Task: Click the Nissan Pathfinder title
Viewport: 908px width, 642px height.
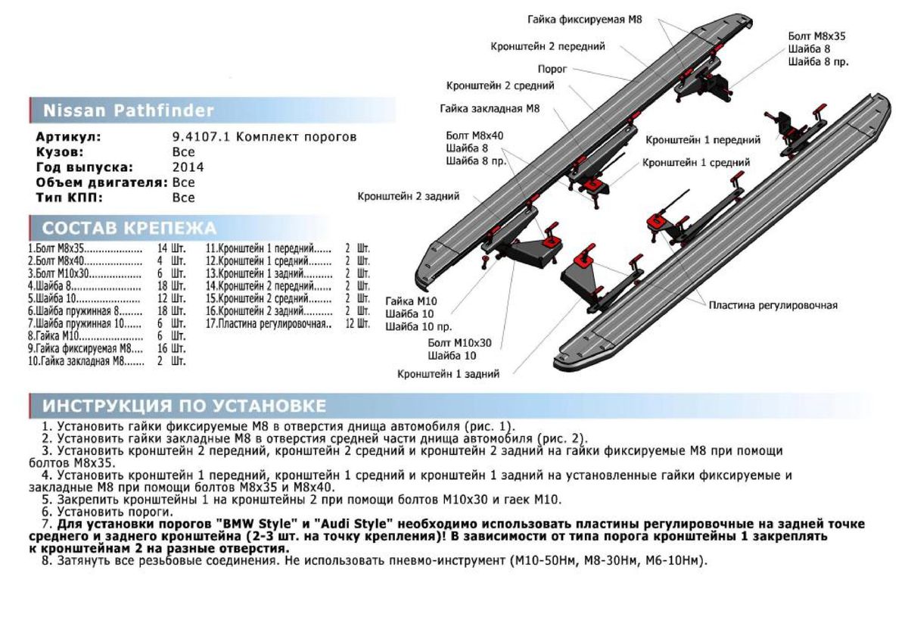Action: click(x=128, y=111)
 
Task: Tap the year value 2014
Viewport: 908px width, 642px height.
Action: click(x=188, y=167)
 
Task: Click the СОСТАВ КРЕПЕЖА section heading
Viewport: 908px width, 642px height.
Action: click(x=129, y=228)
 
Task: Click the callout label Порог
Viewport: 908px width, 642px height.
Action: click(x=553, y=69)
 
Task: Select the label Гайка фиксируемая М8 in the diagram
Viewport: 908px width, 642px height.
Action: click(x=584, y=20)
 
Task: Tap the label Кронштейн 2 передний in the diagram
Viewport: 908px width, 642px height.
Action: click(x=547, y=46)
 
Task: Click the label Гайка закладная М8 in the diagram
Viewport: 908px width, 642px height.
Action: click(x=490, y=109)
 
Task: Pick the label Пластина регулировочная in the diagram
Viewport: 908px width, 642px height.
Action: click(x=773, y=305)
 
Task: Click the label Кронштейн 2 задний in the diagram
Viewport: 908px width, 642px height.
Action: click(x=408, y=197)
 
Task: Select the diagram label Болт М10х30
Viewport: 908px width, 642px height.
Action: click(x=459, y=343)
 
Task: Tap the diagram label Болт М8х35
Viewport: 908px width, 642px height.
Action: click(x=816, y=36)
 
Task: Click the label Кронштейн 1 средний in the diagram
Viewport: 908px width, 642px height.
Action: click(x=696, y=162)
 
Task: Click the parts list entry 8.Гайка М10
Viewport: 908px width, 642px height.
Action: click(x=53, y=335)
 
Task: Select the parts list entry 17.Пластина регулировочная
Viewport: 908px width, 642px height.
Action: click(x=269, y=323)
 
